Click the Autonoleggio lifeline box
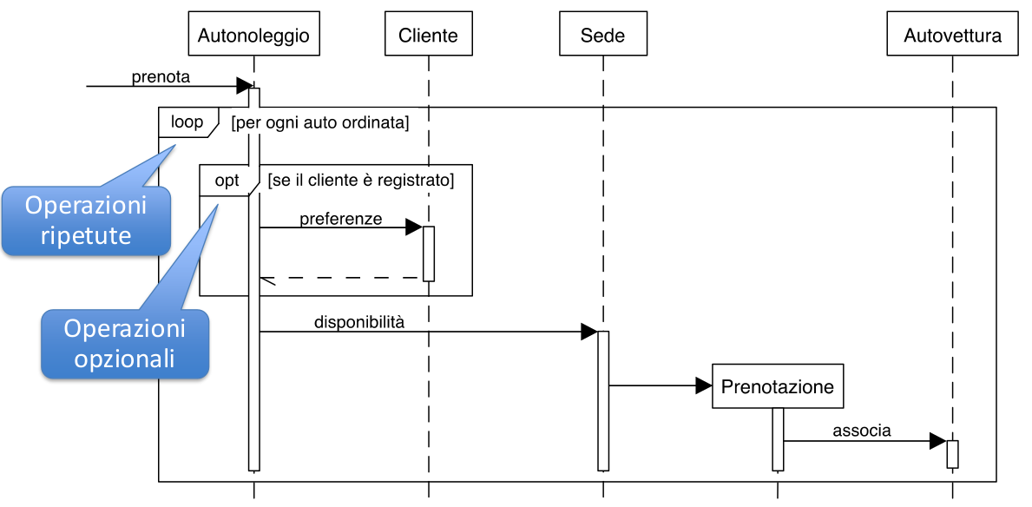click(x=253, y=34)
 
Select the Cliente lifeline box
click(x=429, y=34)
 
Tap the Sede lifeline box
click(x=603, y=34)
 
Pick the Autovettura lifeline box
click(x=952, y=34)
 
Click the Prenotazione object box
click(x=778, y=385)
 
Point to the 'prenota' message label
click(x=161, y=77)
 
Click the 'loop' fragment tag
click(x=187, y=122)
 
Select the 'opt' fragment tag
click(x=227, y=180)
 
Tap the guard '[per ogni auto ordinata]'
click(x=320, y=123)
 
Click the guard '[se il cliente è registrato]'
click(x=361, y=180)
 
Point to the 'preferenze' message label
click(x=341, y=219)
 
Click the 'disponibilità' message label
click(x=358, y=323)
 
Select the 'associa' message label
click(x=862, y=431)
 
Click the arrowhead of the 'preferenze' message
click(x=414, y=227)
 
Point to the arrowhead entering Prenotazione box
click(x=704, y=385)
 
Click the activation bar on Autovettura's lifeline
click(x=952, y=454)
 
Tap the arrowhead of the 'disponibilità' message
click(x=589, y=332)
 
